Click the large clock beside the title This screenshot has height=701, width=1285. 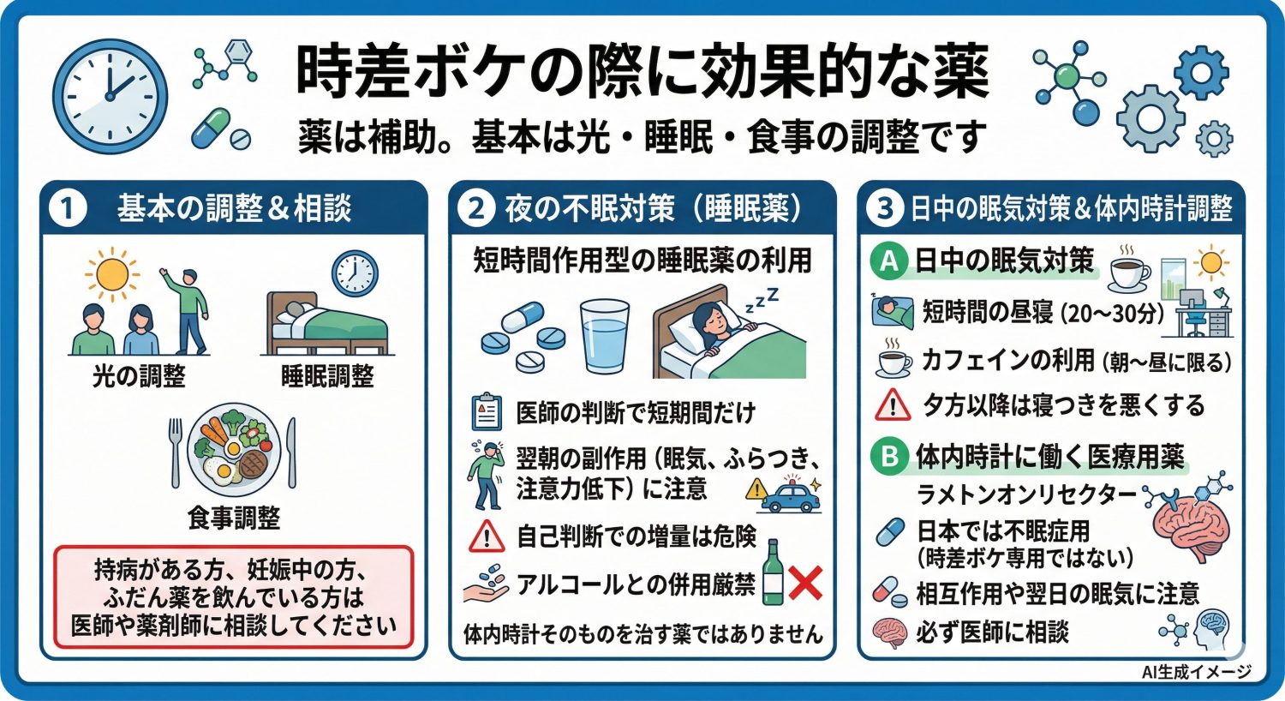point(110,95)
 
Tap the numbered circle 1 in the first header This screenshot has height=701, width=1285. point(68,209)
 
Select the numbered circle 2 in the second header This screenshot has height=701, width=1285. point(476,209)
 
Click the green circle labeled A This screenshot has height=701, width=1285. point(889,261)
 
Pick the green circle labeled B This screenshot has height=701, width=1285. point(889,456)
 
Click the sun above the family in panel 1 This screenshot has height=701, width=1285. point(112,274)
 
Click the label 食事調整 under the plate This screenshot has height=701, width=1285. point(234,518)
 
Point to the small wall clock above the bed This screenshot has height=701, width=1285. point(355,273)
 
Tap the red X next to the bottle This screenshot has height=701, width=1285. point(804,584)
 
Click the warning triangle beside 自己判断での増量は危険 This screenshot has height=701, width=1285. point(487,537)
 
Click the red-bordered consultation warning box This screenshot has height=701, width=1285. point(233,597)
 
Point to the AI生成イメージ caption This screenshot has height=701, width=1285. point(1196,673)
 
